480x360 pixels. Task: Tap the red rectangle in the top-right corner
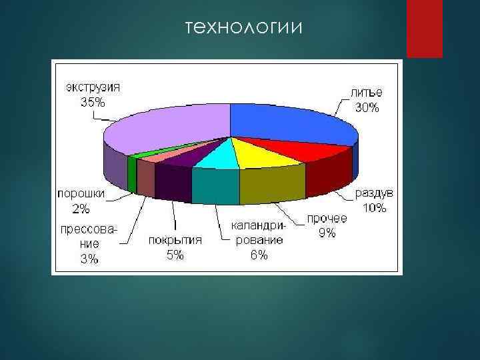pos(425,28)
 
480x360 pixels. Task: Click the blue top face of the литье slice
pos(287,123)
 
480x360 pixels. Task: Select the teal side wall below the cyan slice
pos(215,186)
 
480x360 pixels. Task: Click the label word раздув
pos(374,193)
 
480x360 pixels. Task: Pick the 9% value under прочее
pos(327,233)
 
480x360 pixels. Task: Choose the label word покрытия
pos(175,239)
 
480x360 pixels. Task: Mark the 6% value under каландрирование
pos(259,255)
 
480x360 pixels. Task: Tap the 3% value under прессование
pos(89,259)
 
